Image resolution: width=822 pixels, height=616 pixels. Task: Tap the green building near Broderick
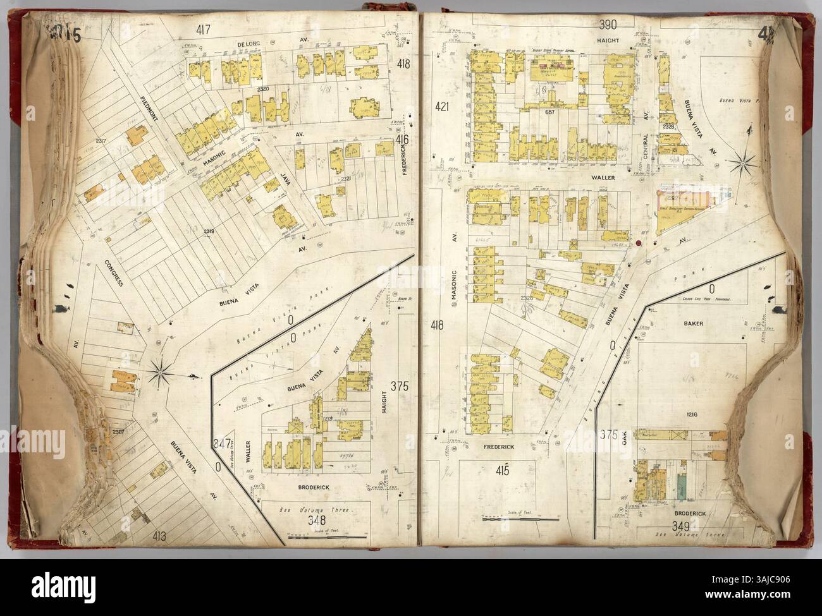click(682, 483)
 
